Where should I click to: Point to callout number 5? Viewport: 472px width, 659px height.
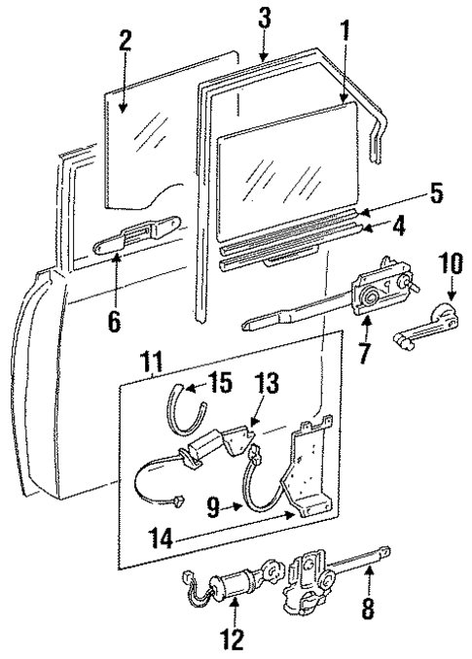436,193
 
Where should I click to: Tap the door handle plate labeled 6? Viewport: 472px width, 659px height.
135,233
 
